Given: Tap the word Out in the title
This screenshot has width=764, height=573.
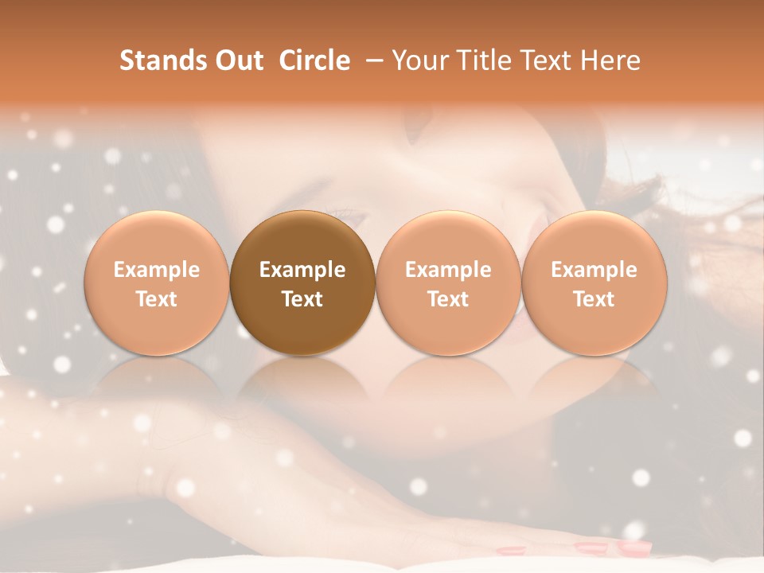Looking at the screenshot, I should (x=239, y=60).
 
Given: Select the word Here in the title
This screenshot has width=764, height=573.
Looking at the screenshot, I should (x=610, y=60).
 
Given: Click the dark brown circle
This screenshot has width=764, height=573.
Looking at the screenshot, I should (x=302, y=239).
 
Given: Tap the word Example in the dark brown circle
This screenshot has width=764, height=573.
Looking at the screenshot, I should (x=302, y=270).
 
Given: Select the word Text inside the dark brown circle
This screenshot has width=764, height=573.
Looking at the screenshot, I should (x=302, y=299).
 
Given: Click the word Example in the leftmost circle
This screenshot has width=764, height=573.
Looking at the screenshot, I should (x=157, y=270).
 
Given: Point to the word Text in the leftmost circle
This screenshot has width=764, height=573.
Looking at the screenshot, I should (x=157, y=299).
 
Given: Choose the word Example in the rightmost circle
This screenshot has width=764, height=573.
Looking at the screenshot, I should (x=594, y=270).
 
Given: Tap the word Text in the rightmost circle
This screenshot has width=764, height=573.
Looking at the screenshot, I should (x=594, y=299).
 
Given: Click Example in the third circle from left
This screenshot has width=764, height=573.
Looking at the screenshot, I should (x=448, y=270).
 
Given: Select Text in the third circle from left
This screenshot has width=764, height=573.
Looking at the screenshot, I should (x=448, y=299).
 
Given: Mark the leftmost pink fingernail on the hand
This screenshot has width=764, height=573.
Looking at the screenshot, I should (x=510, y=550).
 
